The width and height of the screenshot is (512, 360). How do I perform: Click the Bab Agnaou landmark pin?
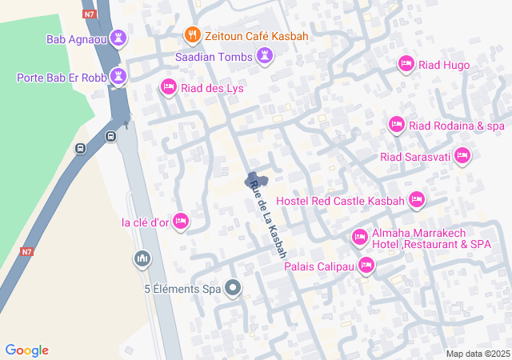coord(119,38)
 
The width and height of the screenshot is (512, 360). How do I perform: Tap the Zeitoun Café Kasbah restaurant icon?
coord(192,35)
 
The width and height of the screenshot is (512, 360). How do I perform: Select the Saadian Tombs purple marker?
coord(266,56)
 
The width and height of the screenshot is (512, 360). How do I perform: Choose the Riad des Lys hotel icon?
coord(168,86)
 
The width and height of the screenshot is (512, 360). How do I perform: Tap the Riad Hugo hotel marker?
coord(406,65)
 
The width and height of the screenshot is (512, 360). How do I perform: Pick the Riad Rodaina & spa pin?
coord(396,125)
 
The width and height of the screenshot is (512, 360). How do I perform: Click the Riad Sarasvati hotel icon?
coord(462,158)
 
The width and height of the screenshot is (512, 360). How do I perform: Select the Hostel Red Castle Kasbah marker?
coord(417,199)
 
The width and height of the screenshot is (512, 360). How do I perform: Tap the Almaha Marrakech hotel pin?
coord(359,237)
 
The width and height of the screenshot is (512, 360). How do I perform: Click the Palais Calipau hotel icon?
coord(366,265)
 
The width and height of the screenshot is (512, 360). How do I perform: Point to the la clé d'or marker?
coord(181,220)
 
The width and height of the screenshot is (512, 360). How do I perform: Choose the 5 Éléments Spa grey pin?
coord(233,287)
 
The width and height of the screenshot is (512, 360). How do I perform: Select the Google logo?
coord(26,350)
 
